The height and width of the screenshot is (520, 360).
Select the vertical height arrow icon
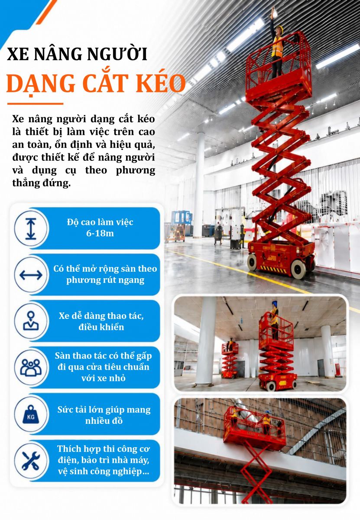(31, 229)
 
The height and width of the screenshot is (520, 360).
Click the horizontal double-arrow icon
(31, 275)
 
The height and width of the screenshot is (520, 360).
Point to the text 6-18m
(100, 233)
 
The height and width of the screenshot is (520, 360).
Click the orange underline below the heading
(35, 104)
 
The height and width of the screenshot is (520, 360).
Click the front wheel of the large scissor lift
(298, 269)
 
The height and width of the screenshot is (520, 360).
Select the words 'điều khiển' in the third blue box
(101, 327)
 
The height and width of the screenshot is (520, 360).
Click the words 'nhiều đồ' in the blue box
(104, 421)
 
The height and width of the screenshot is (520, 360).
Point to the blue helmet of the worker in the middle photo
(275, 303)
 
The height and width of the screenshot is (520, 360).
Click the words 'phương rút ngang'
(105, 280)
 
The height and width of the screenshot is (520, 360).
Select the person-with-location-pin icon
(31, 321)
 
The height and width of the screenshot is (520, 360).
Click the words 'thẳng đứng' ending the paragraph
(41, 183)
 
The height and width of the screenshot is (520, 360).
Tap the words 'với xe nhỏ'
(104, 378)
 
